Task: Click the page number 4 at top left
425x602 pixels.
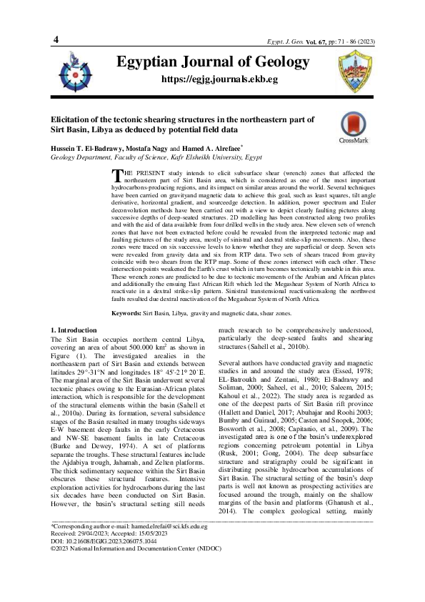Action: coord(56,19)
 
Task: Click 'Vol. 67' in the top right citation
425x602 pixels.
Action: coord(319,24)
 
